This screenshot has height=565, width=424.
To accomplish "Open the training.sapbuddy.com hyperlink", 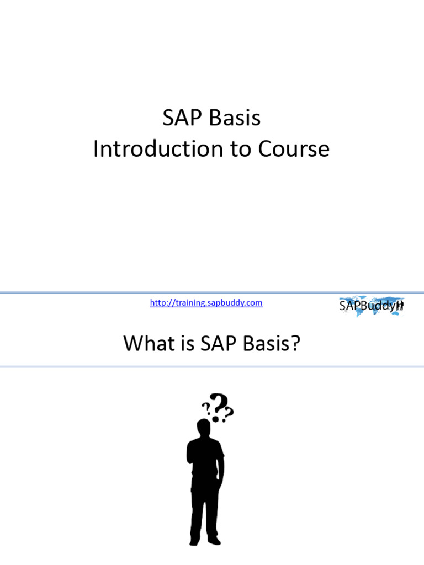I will coord(206,302).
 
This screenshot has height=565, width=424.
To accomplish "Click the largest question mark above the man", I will coord(218,405).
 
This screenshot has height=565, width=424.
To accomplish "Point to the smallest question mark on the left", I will coord(205,408).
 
